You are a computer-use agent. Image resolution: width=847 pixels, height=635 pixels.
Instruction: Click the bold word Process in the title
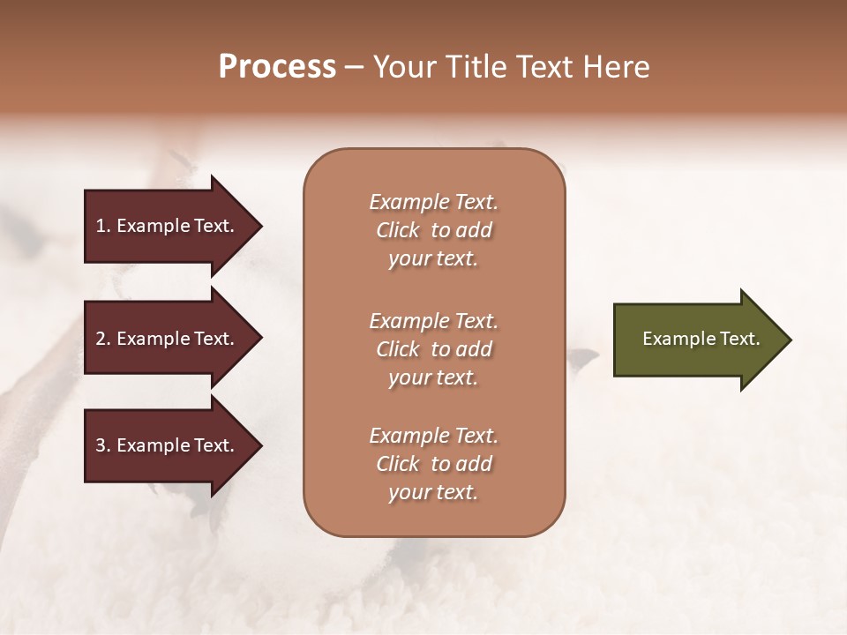(277, 67)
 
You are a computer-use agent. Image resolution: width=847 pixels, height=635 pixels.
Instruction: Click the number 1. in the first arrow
(103, 226)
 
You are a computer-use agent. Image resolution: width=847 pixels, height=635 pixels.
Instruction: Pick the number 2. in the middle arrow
(103, 339)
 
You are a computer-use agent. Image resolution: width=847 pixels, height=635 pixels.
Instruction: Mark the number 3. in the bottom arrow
(103, 445)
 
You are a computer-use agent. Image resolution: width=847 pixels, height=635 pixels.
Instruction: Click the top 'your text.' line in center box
(433, 259)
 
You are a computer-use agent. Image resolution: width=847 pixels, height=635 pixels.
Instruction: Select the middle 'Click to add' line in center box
(433, 349)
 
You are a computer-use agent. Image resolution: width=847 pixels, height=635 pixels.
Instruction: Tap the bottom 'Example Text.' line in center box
(433, 436)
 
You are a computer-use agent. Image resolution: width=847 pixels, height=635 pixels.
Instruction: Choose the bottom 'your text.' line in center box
(433, 493)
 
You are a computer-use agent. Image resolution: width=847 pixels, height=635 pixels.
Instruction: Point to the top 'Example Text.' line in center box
(433, 202)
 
